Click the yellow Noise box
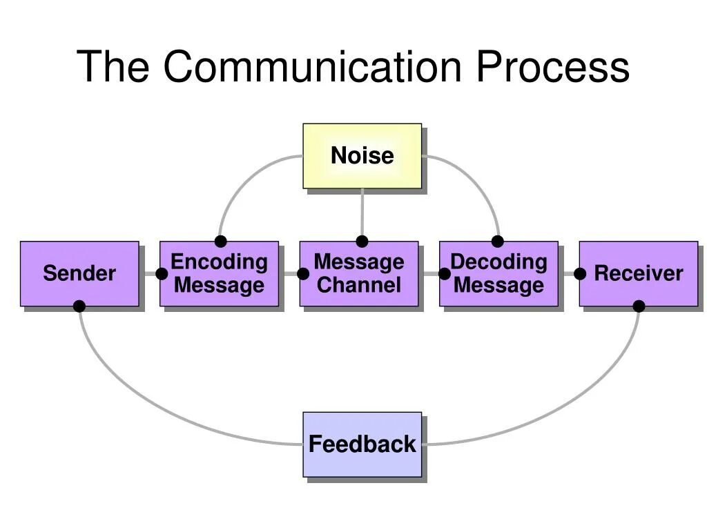[362, 156]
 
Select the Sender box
[79, 273]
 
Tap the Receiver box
[638, 273]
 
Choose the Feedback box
[362, 444]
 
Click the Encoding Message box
[219, 273]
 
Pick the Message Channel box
[358, 273]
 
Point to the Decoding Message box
[498, 273]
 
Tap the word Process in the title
[552, 66]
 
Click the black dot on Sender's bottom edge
[79, 306]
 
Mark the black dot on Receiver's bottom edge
[639, 306]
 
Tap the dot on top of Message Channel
[362, 242]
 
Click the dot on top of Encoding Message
[220, 242]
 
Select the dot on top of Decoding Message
[497, 242]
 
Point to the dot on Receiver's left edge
[580, 273]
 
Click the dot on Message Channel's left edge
[302, 273]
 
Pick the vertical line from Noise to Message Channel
[362, 214]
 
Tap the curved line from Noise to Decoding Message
[476, 179]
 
